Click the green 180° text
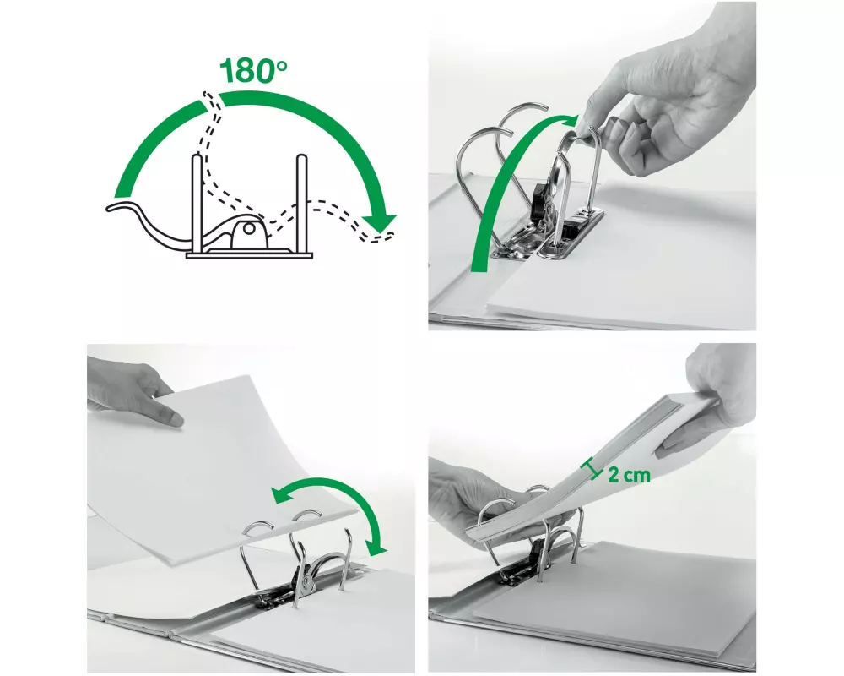[253, 71]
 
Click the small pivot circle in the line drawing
[249, 228]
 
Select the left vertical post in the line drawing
[197, 204]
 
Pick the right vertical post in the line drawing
[300, 204]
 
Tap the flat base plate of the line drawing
[249, 255]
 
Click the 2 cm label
[629, 475]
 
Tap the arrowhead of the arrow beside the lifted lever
[570, 122]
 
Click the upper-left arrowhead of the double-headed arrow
[280, 494]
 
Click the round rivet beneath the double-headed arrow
[306, 581]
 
